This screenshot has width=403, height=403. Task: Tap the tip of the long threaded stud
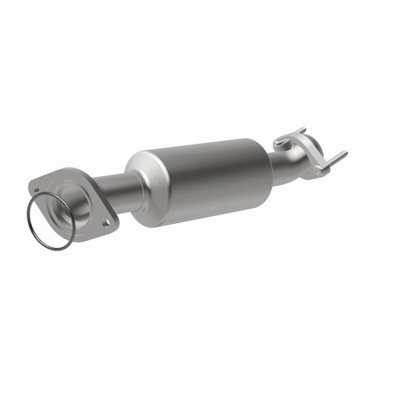[x=346, y=154]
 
